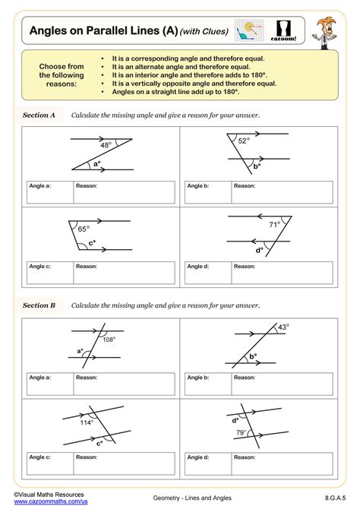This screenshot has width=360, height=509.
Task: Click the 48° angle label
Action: [x=106, y=144]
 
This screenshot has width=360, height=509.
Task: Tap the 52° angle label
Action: [x=243, y=141]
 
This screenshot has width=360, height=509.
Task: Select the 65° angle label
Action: [x=83, y=228]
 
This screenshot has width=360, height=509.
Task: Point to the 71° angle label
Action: [x=274, y=224]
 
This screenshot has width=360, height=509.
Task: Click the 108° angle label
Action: [x=109, y=340]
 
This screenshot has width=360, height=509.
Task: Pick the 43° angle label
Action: [x=283, y=327]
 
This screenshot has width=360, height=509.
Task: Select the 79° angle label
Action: [x=239, y=434]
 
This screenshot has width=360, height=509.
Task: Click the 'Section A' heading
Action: [x=39, y=115]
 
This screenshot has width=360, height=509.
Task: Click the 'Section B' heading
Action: [x=39, y=305]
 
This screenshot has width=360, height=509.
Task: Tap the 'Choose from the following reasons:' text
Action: [x=61, y=74]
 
